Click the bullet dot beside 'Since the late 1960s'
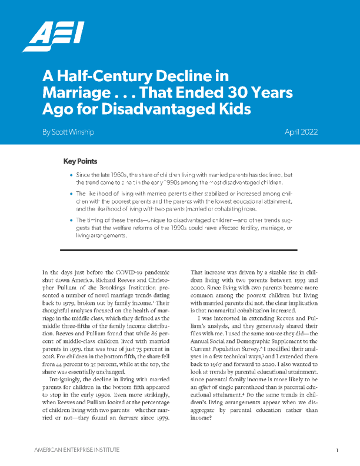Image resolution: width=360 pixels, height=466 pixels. (x=71, y=175)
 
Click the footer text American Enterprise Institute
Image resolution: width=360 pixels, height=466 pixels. (x=77, y=450)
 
